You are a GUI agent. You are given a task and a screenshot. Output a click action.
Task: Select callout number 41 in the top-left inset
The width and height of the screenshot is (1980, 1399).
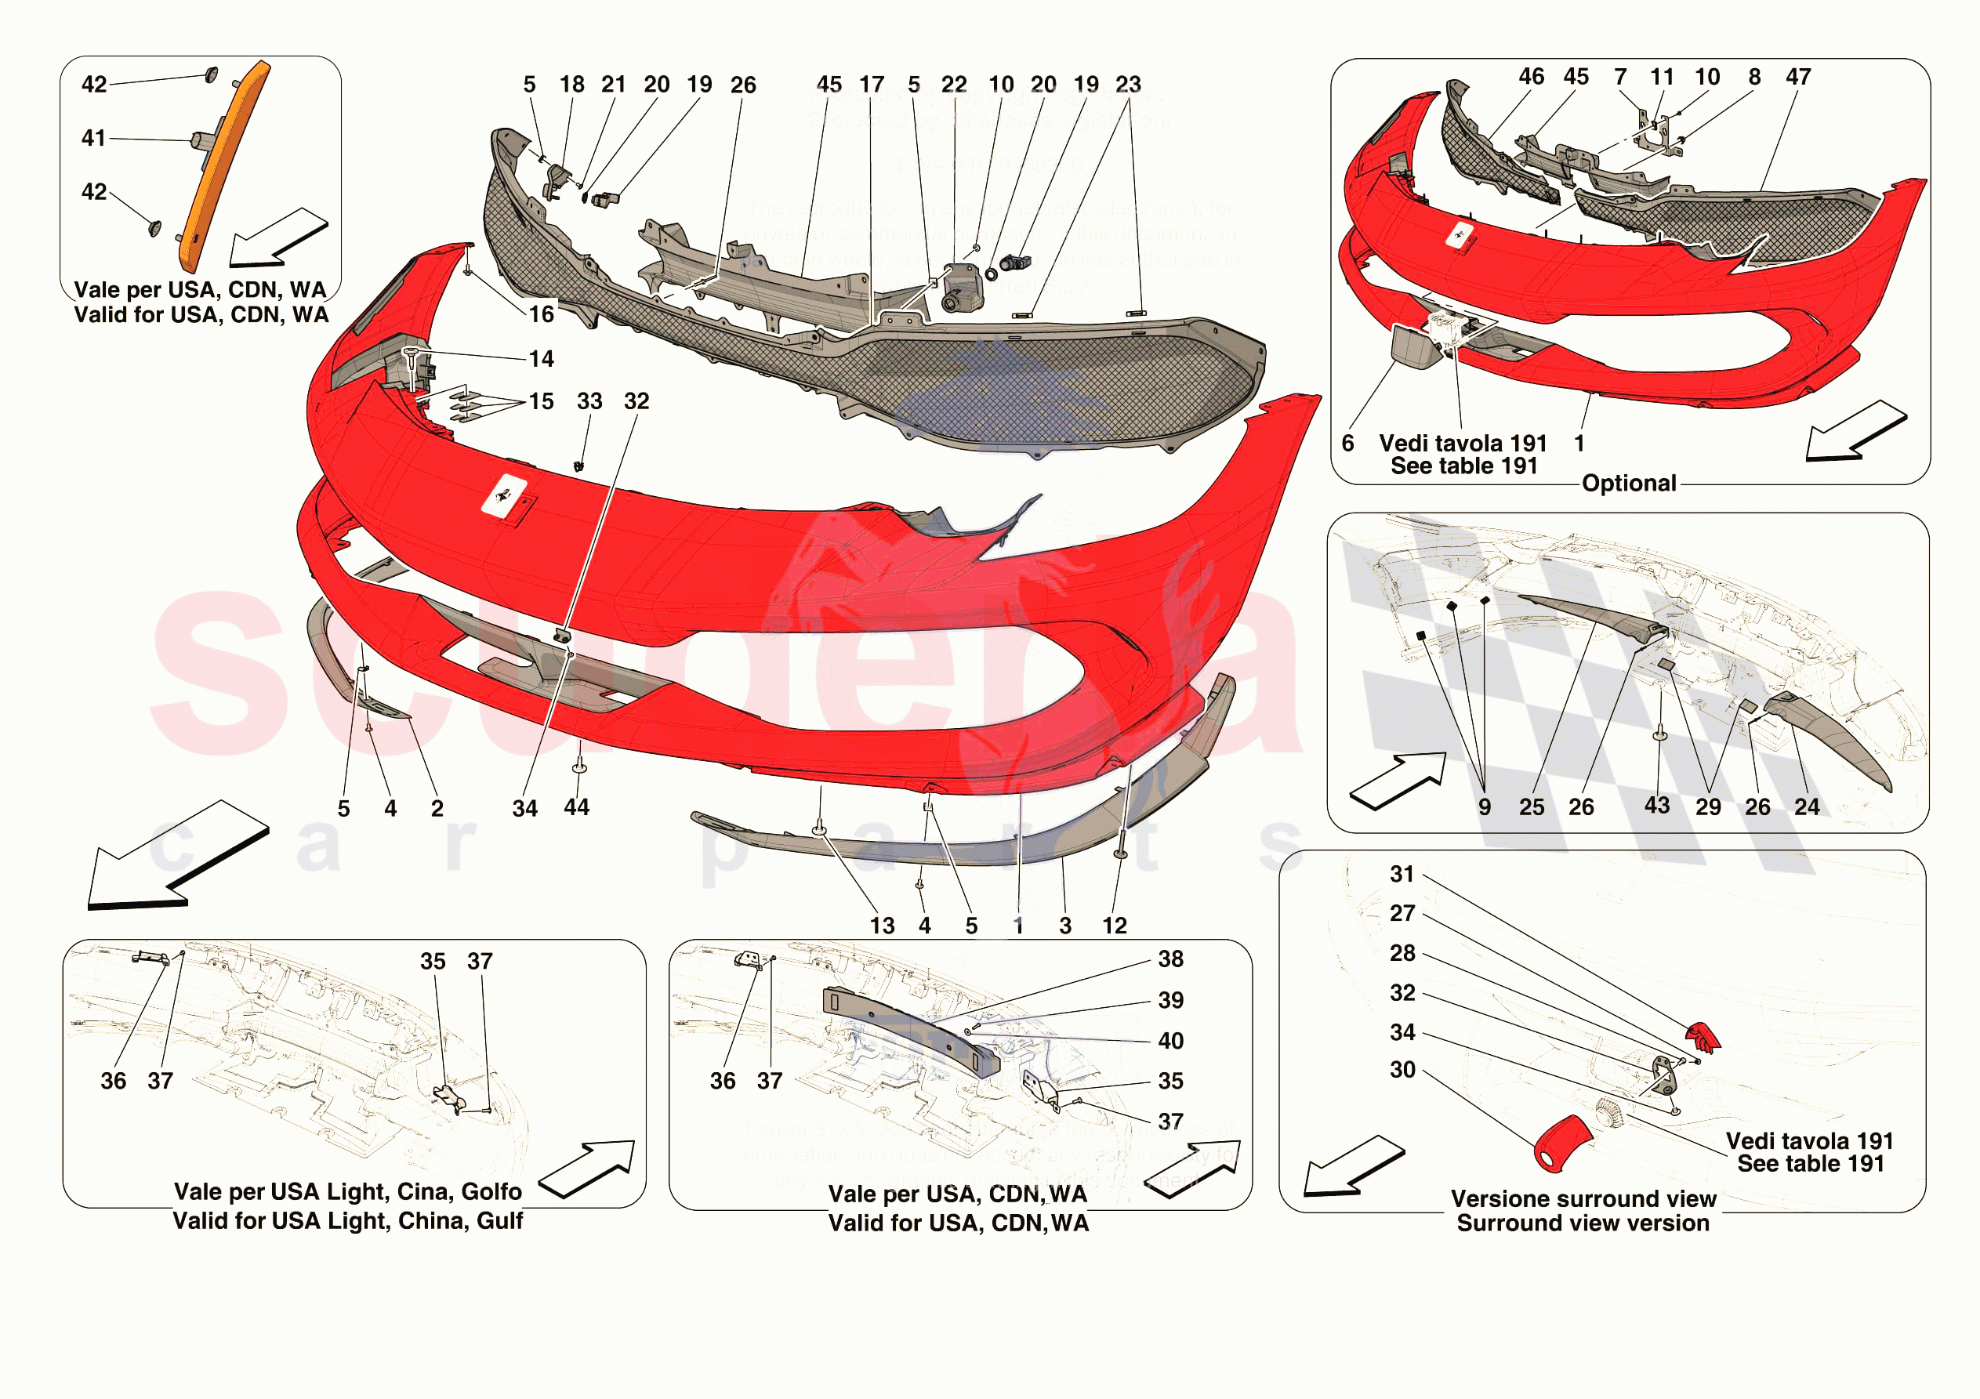coord(93,138)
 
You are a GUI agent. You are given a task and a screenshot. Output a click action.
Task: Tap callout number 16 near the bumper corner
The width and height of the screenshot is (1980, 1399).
coord(542,314)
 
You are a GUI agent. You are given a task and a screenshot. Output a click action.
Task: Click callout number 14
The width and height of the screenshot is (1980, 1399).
coord(542,359)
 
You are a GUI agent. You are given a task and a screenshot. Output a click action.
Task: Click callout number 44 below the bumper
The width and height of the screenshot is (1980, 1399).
coord(576,807)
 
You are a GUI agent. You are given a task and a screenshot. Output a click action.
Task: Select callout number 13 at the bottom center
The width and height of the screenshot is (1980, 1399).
coord(881,926)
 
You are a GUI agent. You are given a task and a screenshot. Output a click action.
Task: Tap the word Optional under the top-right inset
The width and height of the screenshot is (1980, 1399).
coord(1628,483)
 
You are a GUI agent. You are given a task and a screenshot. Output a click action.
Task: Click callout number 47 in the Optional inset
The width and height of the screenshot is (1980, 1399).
coord(1798,77)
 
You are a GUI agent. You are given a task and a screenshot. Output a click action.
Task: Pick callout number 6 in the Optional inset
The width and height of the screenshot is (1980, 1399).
coord(1348,444)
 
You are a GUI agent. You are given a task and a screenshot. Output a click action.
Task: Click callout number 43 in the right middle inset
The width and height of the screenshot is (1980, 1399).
coord(1656,806)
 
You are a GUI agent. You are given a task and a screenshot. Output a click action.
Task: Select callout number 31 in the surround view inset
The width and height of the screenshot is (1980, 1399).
coord(1402,874)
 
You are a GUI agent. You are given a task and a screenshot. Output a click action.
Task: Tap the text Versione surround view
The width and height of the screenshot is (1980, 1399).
coord(1583,1199)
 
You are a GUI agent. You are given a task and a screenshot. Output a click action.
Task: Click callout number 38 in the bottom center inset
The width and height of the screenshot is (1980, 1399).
coord(1170,959)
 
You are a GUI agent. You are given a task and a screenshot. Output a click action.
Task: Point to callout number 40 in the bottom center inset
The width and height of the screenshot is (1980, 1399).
coord(1170,1041)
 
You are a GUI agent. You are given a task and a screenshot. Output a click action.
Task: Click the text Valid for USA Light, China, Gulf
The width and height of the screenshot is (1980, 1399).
coord(347,1221)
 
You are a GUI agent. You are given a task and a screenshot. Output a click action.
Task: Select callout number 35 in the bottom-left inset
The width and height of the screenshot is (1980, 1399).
coord(433,962)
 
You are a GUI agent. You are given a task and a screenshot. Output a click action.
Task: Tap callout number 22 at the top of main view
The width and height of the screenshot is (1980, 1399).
coord(954,85)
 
